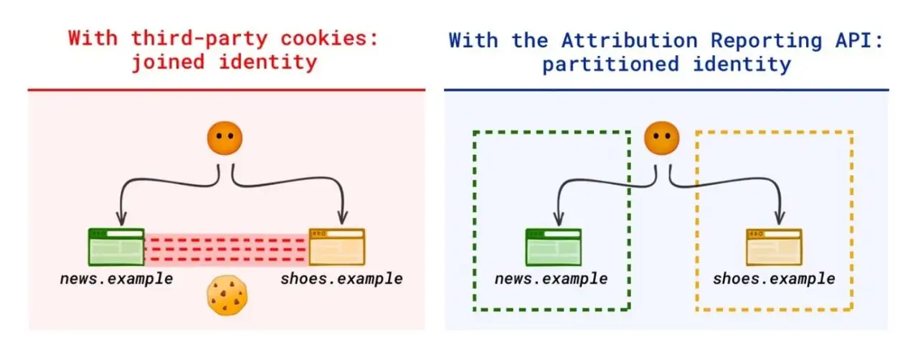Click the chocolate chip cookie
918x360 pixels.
pyautogui.click(x=227, y=295)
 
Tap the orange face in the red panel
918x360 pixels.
pyautogui.click(x=224, y=138)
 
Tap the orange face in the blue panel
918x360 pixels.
pyautogui.click(x=661, y=138)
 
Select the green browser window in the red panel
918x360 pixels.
pyautogui.click(x=116, y=247)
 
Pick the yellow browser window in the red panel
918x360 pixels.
pyautogui.click(x=337, y=247)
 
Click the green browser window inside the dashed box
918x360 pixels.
pyautogui.click(x=554, y=247)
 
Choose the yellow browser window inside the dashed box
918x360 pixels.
pyautogui.click(x=774, y=247)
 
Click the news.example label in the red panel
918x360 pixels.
pyautogui.click(x=117, y=279)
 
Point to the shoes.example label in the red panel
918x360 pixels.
pyautogui.click(x=342, y=279)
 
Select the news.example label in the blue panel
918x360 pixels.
pyautogui.click(x=552, y=279)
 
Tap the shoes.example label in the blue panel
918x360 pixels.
pyautogui.click(x=774, y=279)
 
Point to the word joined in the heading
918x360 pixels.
pyautogui.click(x=168, y=62)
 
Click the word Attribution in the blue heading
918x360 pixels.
pyautogui.click(x=630, y=41)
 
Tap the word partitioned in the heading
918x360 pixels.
pyautogui.click(x=610, y=65)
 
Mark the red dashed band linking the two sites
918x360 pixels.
pyautogui.click(x=227, y=250)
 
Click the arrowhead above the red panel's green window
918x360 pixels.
pyautogui.click(x=121, y=218)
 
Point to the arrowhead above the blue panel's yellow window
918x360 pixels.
pyautogui.click(x=780, y=218)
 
